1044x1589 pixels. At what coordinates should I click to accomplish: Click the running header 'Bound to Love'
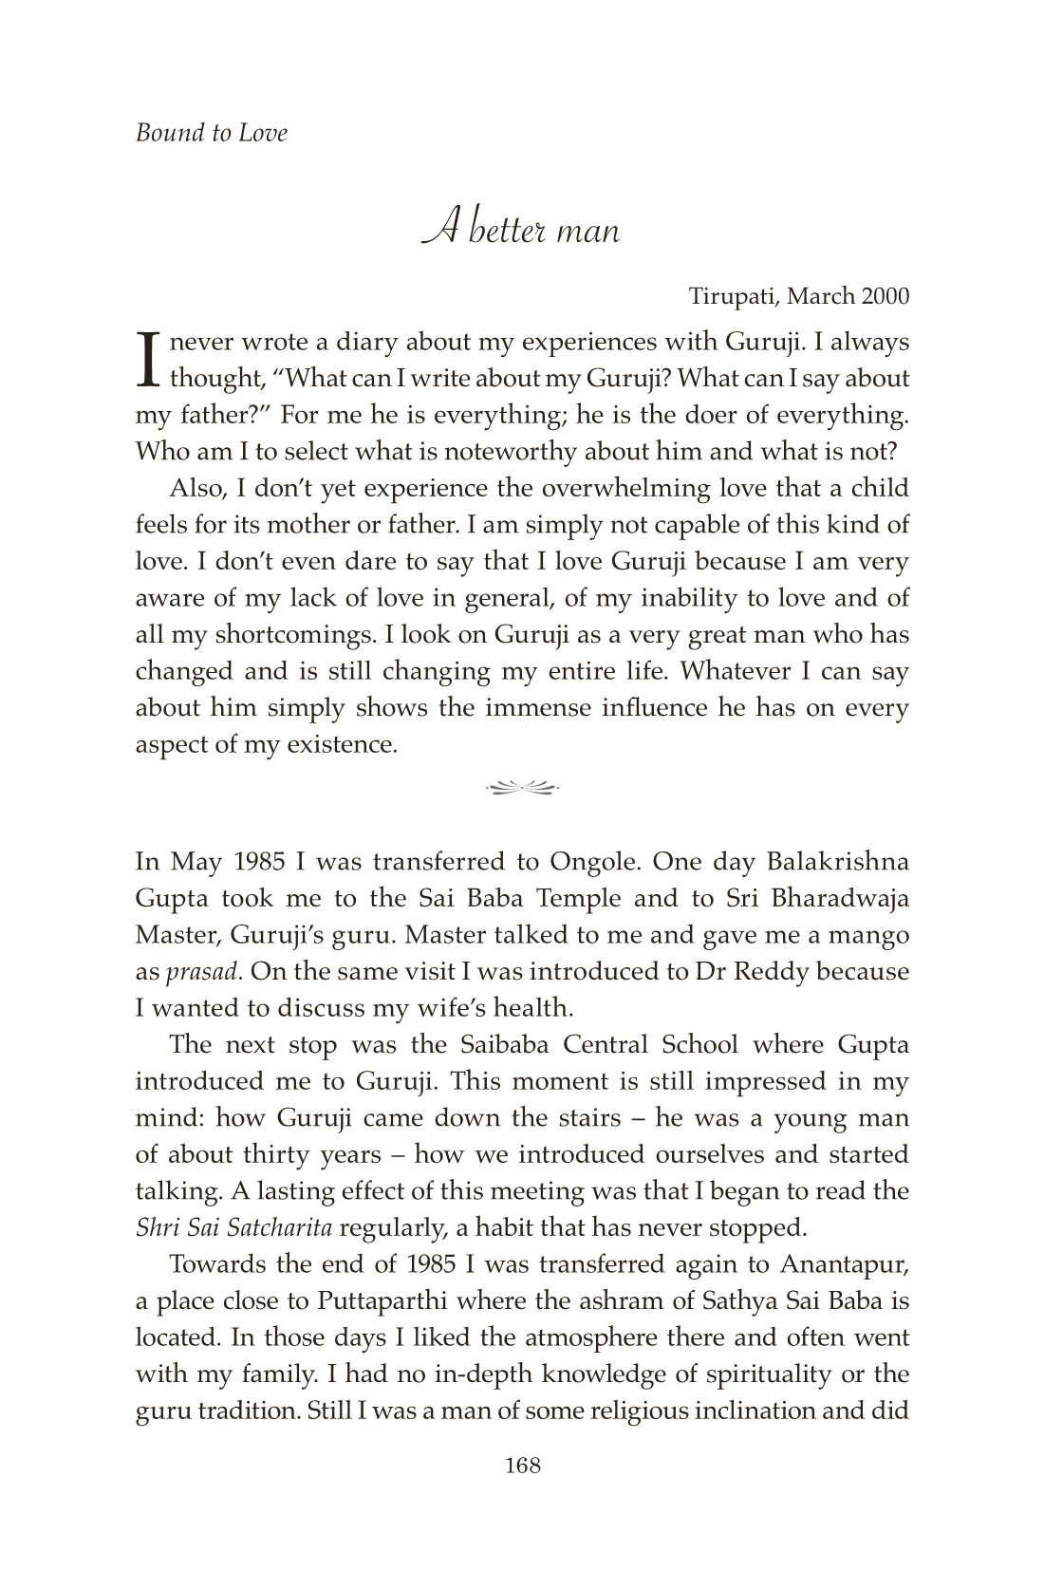tap(211, 133)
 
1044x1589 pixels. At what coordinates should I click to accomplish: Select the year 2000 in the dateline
tap(885, 296)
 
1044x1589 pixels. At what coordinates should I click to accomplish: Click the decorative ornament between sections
tap(522, 786)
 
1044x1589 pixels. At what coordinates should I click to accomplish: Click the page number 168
tap(523, 1466)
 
